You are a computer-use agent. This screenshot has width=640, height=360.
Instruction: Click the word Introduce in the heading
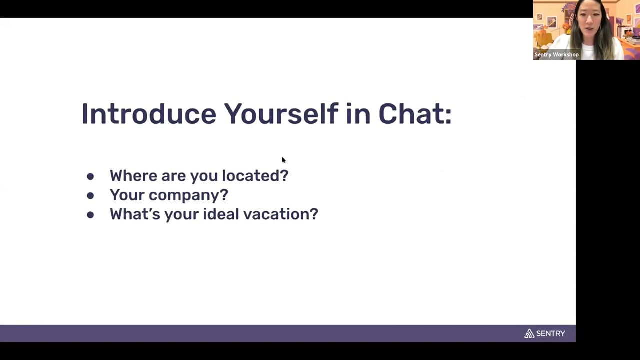[149, 114]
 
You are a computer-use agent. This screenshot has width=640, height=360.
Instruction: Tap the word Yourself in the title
[281, 114]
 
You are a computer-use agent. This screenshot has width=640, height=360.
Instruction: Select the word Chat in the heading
[410, 114]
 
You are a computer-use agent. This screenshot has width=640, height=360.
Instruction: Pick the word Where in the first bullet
[133, 175]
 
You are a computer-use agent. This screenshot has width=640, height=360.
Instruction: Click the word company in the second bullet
[185, 195]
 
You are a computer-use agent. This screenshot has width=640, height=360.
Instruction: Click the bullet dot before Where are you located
[90, 176]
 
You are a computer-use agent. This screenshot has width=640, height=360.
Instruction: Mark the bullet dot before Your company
[90, 195]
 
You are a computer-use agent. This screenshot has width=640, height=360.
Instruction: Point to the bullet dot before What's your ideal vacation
[90, 215]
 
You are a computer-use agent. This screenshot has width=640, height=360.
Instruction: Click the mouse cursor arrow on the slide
[283, 160]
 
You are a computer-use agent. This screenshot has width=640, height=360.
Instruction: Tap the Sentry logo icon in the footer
[529, 333]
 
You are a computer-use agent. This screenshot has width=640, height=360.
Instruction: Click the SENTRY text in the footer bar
[551, 333]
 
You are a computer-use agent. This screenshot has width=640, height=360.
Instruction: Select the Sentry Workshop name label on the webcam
[556, 54]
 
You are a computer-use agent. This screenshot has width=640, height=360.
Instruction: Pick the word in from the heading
[358, 114]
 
